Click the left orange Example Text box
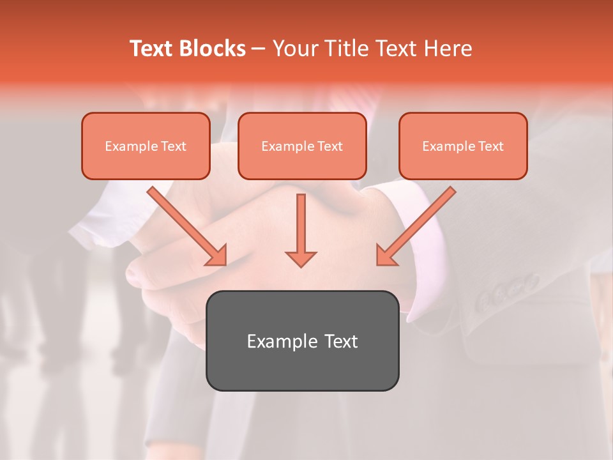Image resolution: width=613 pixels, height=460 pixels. (146, 146)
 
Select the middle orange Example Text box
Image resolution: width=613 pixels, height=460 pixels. (302, 146)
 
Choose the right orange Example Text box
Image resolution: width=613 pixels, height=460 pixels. (463, 146)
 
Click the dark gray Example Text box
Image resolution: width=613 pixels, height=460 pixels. (302, 341)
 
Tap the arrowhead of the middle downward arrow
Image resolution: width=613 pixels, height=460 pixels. (301, 258)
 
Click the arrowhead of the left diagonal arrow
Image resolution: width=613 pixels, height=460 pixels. (217, 256)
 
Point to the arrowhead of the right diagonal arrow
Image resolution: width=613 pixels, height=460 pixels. (386, 256)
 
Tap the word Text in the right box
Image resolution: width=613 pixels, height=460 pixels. (491, 146)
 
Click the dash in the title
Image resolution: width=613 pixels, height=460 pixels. (259, 49)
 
